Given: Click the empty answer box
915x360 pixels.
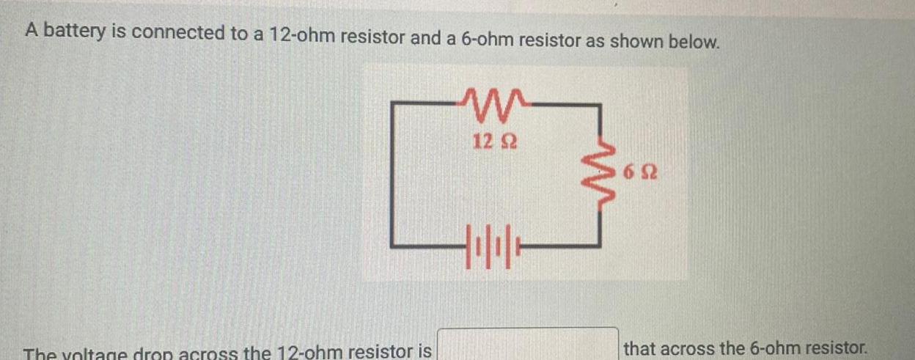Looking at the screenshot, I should point(528,345).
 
